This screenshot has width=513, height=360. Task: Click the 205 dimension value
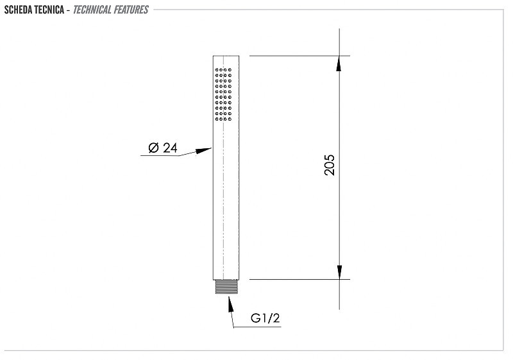click(330, 166)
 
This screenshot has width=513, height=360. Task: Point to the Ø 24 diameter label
click(163, 148)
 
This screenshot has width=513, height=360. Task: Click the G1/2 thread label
click(265, 318)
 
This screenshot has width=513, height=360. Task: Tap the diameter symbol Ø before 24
click(153, 148)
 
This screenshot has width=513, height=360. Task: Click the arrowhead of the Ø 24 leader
click(203, 151)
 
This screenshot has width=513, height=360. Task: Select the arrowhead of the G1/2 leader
click(231, 304)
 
